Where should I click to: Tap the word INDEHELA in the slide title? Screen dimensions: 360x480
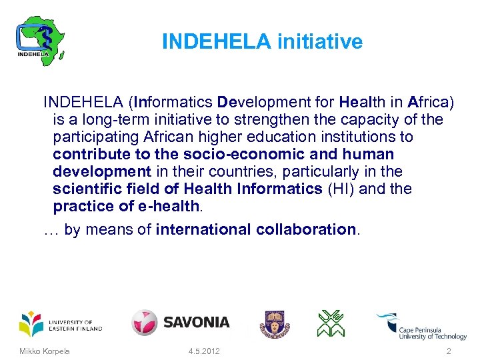pos(217,42)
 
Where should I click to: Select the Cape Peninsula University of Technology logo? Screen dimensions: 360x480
pos(421,327)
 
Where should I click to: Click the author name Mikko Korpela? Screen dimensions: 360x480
pos(45,351)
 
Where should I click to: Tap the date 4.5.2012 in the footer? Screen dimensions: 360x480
pos(204,351)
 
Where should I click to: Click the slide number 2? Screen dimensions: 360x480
pos(449,351)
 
